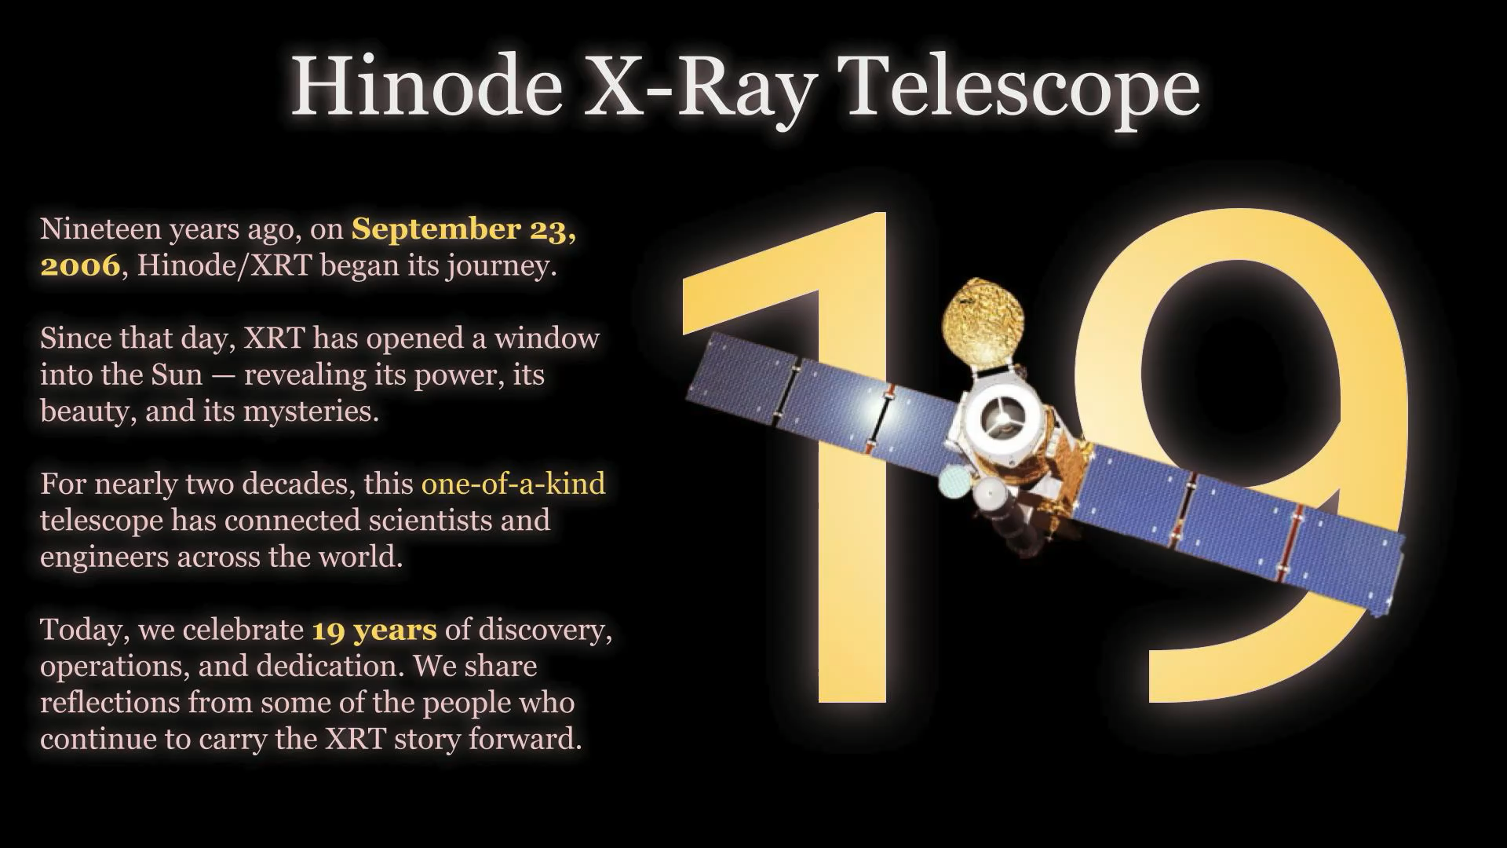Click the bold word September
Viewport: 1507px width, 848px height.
pos(436,229)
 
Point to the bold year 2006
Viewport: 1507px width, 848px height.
pos(80,265)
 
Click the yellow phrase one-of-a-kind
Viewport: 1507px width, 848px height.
pos(513,484)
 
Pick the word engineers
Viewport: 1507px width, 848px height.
pos(105,558)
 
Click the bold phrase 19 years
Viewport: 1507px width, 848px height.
pos(374,631)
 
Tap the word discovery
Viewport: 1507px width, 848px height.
pos(545,631)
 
